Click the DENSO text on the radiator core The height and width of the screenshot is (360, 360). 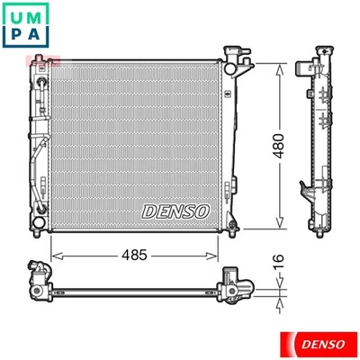point(175,210)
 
